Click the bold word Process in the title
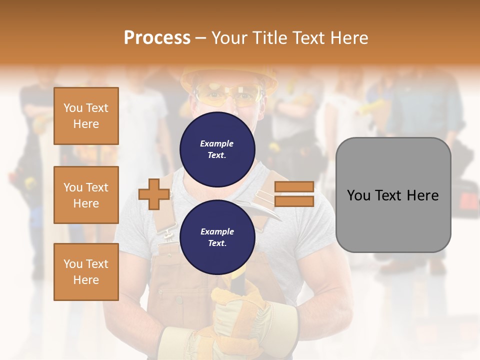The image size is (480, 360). point(157,37)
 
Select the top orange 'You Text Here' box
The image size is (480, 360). point(86,116)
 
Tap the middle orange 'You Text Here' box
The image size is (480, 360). point(86,195)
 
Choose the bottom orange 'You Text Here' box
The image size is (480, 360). point(86,272)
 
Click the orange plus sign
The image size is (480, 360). point(154,194)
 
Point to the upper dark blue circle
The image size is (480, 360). point(217,149)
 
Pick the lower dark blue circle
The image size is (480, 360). point(217,237)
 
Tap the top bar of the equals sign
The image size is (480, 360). point(294,187)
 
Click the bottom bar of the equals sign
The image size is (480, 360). point(294,201)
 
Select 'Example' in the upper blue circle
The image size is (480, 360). point(217,143)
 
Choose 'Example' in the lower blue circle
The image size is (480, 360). point(217,231)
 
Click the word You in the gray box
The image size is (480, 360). point(358,195)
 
